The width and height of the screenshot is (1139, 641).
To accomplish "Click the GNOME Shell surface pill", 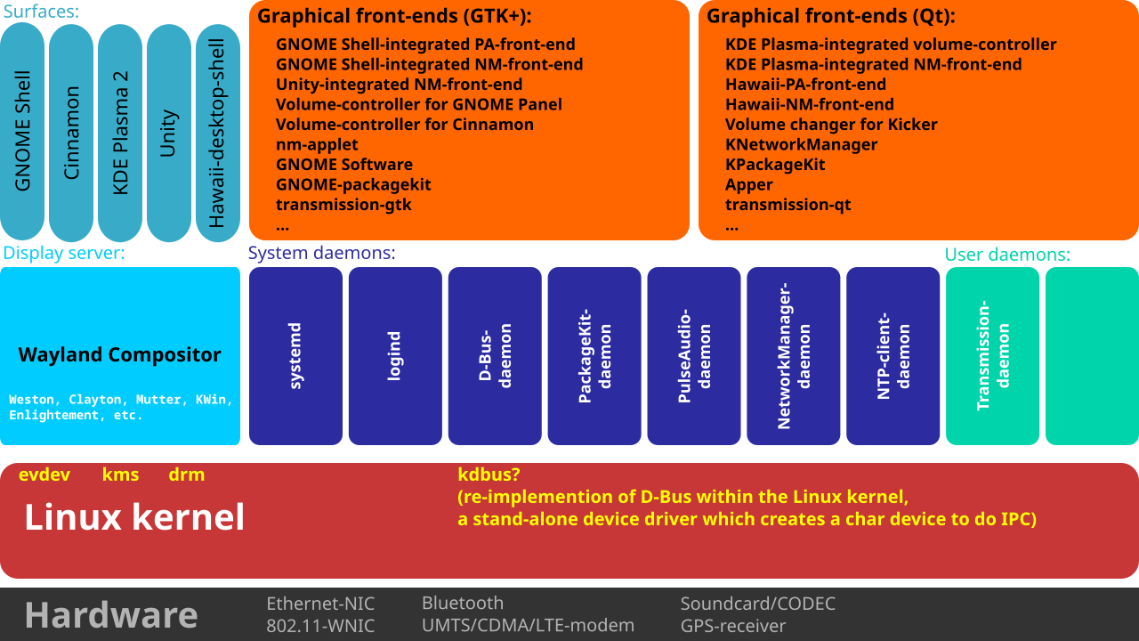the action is coord(22,132).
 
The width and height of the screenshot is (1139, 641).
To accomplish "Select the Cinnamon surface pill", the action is coord(71,133).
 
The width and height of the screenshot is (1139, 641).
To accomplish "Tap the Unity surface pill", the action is coord(169,133).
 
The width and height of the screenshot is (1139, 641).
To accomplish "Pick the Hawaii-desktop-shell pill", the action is coord(218,133).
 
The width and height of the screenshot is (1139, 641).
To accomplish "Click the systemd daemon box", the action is coord(295,356).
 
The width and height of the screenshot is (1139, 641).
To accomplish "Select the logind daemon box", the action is coord(395,356).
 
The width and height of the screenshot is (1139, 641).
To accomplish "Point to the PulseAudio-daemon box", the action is coord(693,356).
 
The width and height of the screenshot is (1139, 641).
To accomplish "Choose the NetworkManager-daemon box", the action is coord(793,356).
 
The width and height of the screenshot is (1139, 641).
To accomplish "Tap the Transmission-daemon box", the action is coord(992,356).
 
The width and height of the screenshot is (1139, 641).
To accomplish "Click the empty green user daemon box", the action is coord(1092,356).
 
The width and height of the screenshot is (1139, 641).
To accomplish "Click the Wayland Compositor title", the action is coord(119,354).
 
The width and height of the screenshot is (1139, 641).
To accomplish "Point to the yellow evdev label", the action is coord(44,475).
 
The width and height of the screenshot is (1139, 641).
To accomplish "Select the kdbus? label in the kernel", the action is coord(489,475).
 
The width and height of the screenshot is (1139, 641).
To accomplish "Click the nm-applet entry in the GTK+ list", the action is coord(317,145).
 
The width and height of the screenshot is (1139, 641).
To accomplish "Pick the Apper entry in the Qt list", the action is coord(748,185).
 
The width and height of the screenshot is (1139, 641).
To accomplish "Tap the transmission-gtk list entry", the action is coord(343,205).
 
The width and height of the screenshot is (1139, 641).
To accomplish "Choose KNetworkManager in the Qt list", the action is coord(802,145).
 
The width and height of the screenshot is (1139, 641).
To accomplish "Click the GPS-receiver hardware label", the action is coord(733,626).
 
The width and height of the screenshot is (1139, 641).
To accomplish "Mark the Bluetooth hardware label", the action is coord(463,604).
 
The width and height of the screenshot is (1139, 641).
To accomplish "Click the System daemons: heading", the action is coord(322,253).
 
